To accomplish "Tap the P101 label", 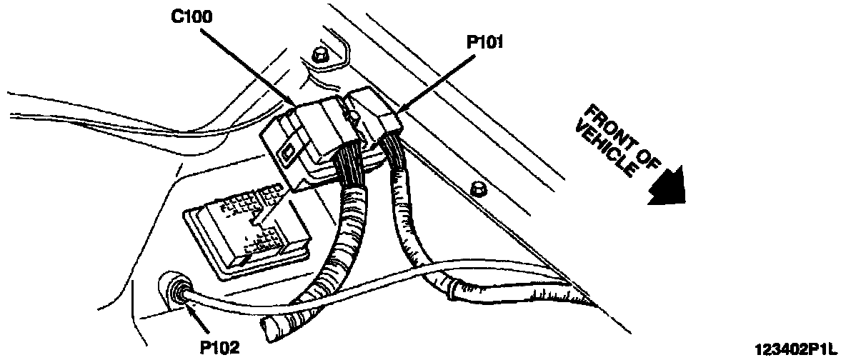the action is tap(486, 43).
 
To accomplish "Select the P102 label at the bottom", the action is tap(220, 348).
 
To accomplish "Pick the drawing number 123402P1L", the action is tap(794, 349).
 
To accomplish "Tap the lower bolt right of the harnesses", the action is tap(478, 189).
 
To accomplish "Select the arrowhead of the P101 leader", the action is tap(398, 112).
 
